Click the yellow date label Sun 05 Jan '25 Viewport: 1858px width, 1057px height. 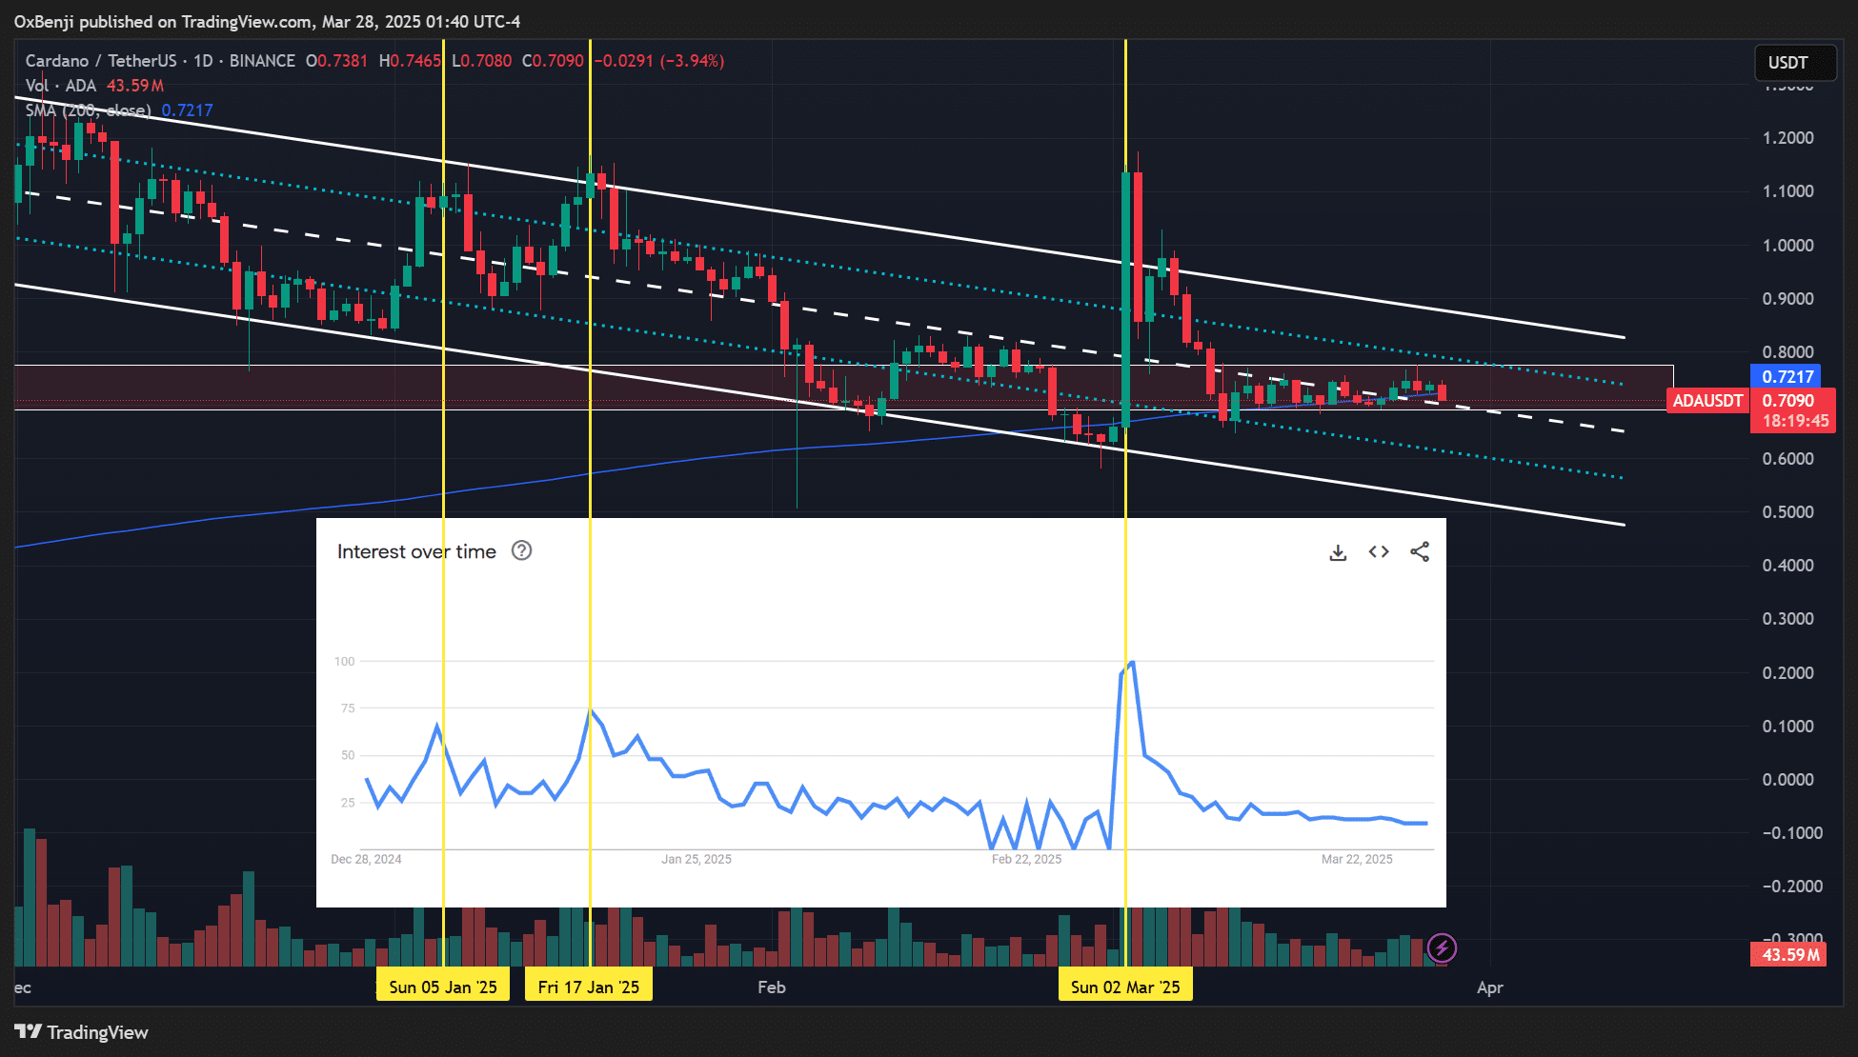tap(443, 987)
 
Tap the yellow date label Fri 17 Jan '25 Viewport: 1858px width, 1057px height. tap(589, 987)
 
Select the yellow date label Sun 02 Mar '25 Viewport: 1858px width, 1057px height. tap(1125, 987)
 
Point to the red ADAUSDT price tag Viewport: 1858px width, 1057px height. tap(1707, 401)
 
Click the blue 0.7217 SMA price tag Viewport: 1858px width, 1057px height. tap(1787, 376)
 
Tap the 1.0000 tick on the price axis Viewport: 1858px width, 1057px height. tap(1787, 245)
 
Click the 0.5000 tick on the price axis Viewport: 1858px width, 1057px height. tap(1787, 511)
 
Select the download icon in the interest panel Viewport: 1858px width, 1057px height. tap(1338, 552)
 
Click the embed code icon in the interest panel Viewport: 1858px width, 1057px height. tap(1379, 552)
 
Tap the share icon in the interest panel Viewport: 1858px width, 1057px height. tap(1420, 552)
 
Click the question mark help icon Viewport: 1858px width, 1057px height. tap(521, 550)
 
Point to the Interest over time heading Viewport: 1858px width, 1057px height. tap(416, 551)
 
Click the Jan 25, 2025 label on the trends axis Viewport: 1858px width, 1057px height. tap(697, 859)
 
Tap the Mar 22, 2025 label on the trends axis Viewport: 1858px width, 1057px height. tap(1357, 859)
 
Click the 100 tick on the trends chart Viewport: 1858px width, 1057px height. tap(344, 661)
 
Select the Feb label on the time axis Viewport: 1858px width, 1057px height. tap(772, 987)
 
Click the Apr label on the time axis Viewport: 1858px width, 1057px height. tap(1490, 987)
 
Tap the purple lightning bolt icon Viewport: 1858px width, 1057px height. tap(1442, 947)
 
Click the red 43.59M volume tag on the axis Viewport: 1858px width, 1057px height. tap(1788, 954)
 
